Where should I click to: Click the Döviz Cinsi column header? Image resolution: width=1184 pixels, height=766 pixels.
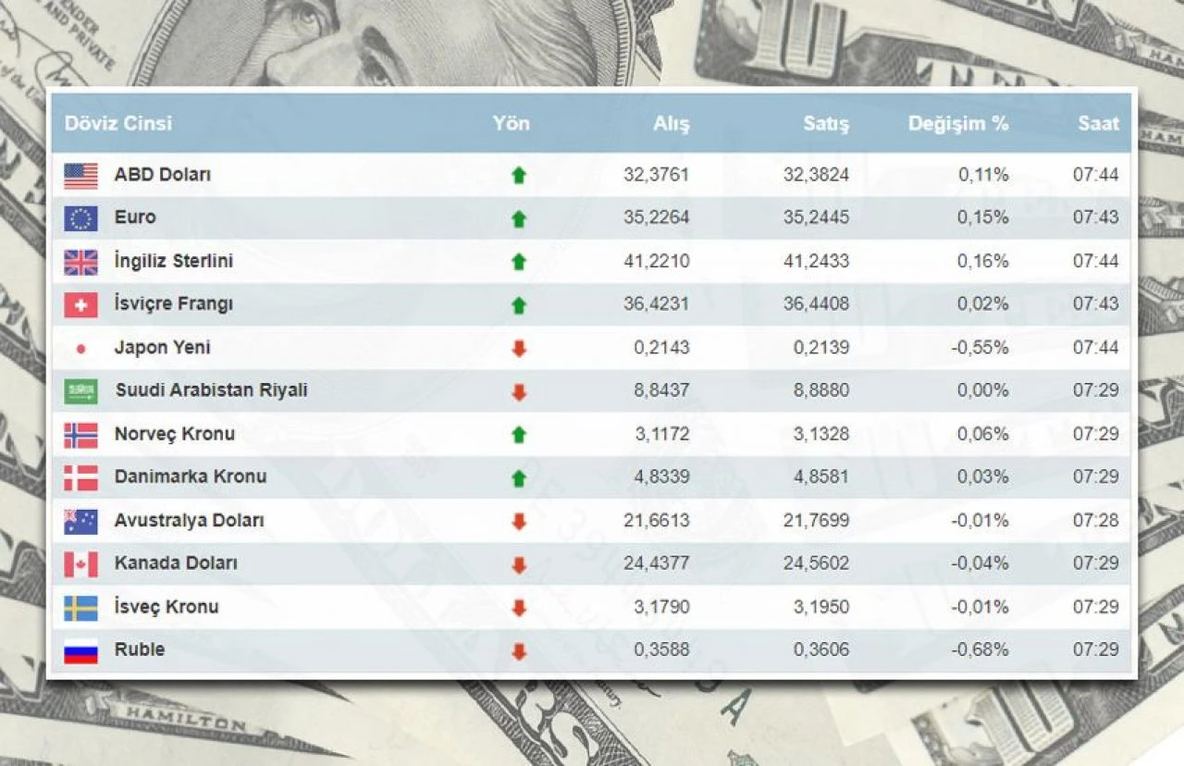pyautogui.click(x=117, y=123)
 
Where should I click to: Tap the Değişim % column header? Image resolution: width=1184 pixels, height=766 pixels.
pyautogui.click(x=957, y=123)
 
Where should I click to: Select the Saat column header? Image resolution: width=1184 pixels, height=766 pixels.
pyautogui.click(x=1098, y=123)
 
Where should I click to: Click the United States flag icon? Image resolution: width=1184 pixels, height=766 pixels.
pyautogui.click(x=80, y=175)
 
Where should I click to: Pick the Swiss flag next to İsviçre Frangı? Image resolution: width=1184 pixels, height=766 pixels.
pyautogui.click(x=80, y=304)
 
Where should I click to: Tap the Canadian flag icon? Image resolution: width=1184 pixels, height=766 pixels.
pyautogui.click(x=80, y=563)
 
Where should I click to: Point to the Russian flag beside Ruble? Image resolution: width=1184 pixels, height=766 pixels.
pyautogui.click(x=80, y=651)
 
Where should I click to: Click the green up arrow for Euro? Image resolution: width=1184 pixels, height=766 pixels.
pyautogui.click(x=519, y=219)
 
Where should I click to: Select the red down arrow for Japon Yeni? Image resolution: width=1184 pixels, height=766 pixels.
pyautogui.click(x=519, y=349)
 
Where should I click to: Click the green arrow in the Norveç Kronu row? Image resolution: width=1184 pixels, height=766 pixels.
pyautogui.click(x=519, y=435)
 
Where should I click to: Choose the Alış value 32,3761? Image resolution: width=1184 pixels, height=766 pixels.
pyautogui.click(x=656, y=175)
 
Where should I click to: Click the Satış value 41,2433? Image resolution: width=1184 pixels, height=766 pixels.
pyautogui.click(x=816, y=261)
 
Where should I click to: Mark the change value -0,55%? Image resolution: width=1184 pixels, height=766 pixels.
pyautogui.click(x=980, y=348)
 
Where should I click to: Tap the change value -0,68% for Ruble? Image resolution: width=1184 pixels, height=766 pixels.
pyautogui.click(x=980, y=649)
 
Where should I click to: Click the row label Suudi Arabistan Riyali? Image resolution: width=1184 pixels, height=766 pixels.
pyautogui.click(x=211, y=390)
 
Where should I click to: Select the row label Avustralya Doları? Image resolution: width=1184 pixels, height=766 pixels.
pyautogui.click(x=189, y=520)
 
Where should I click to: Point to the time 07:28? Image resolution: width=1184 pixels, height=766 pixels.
pyautogui.click(x=1095, y=520)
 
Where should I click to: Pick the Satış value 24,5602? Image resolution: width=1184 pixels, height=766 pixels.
pyautogui.click(x=816, y=563)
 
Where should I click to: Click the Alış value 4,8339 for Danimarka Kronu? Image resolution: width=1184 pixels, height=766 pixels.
pyautogui.click(x=661, y=477)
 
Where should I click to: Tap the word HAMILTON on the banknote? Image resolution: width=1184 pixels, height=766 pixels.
pyautogui.click(x=185, y=716)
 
